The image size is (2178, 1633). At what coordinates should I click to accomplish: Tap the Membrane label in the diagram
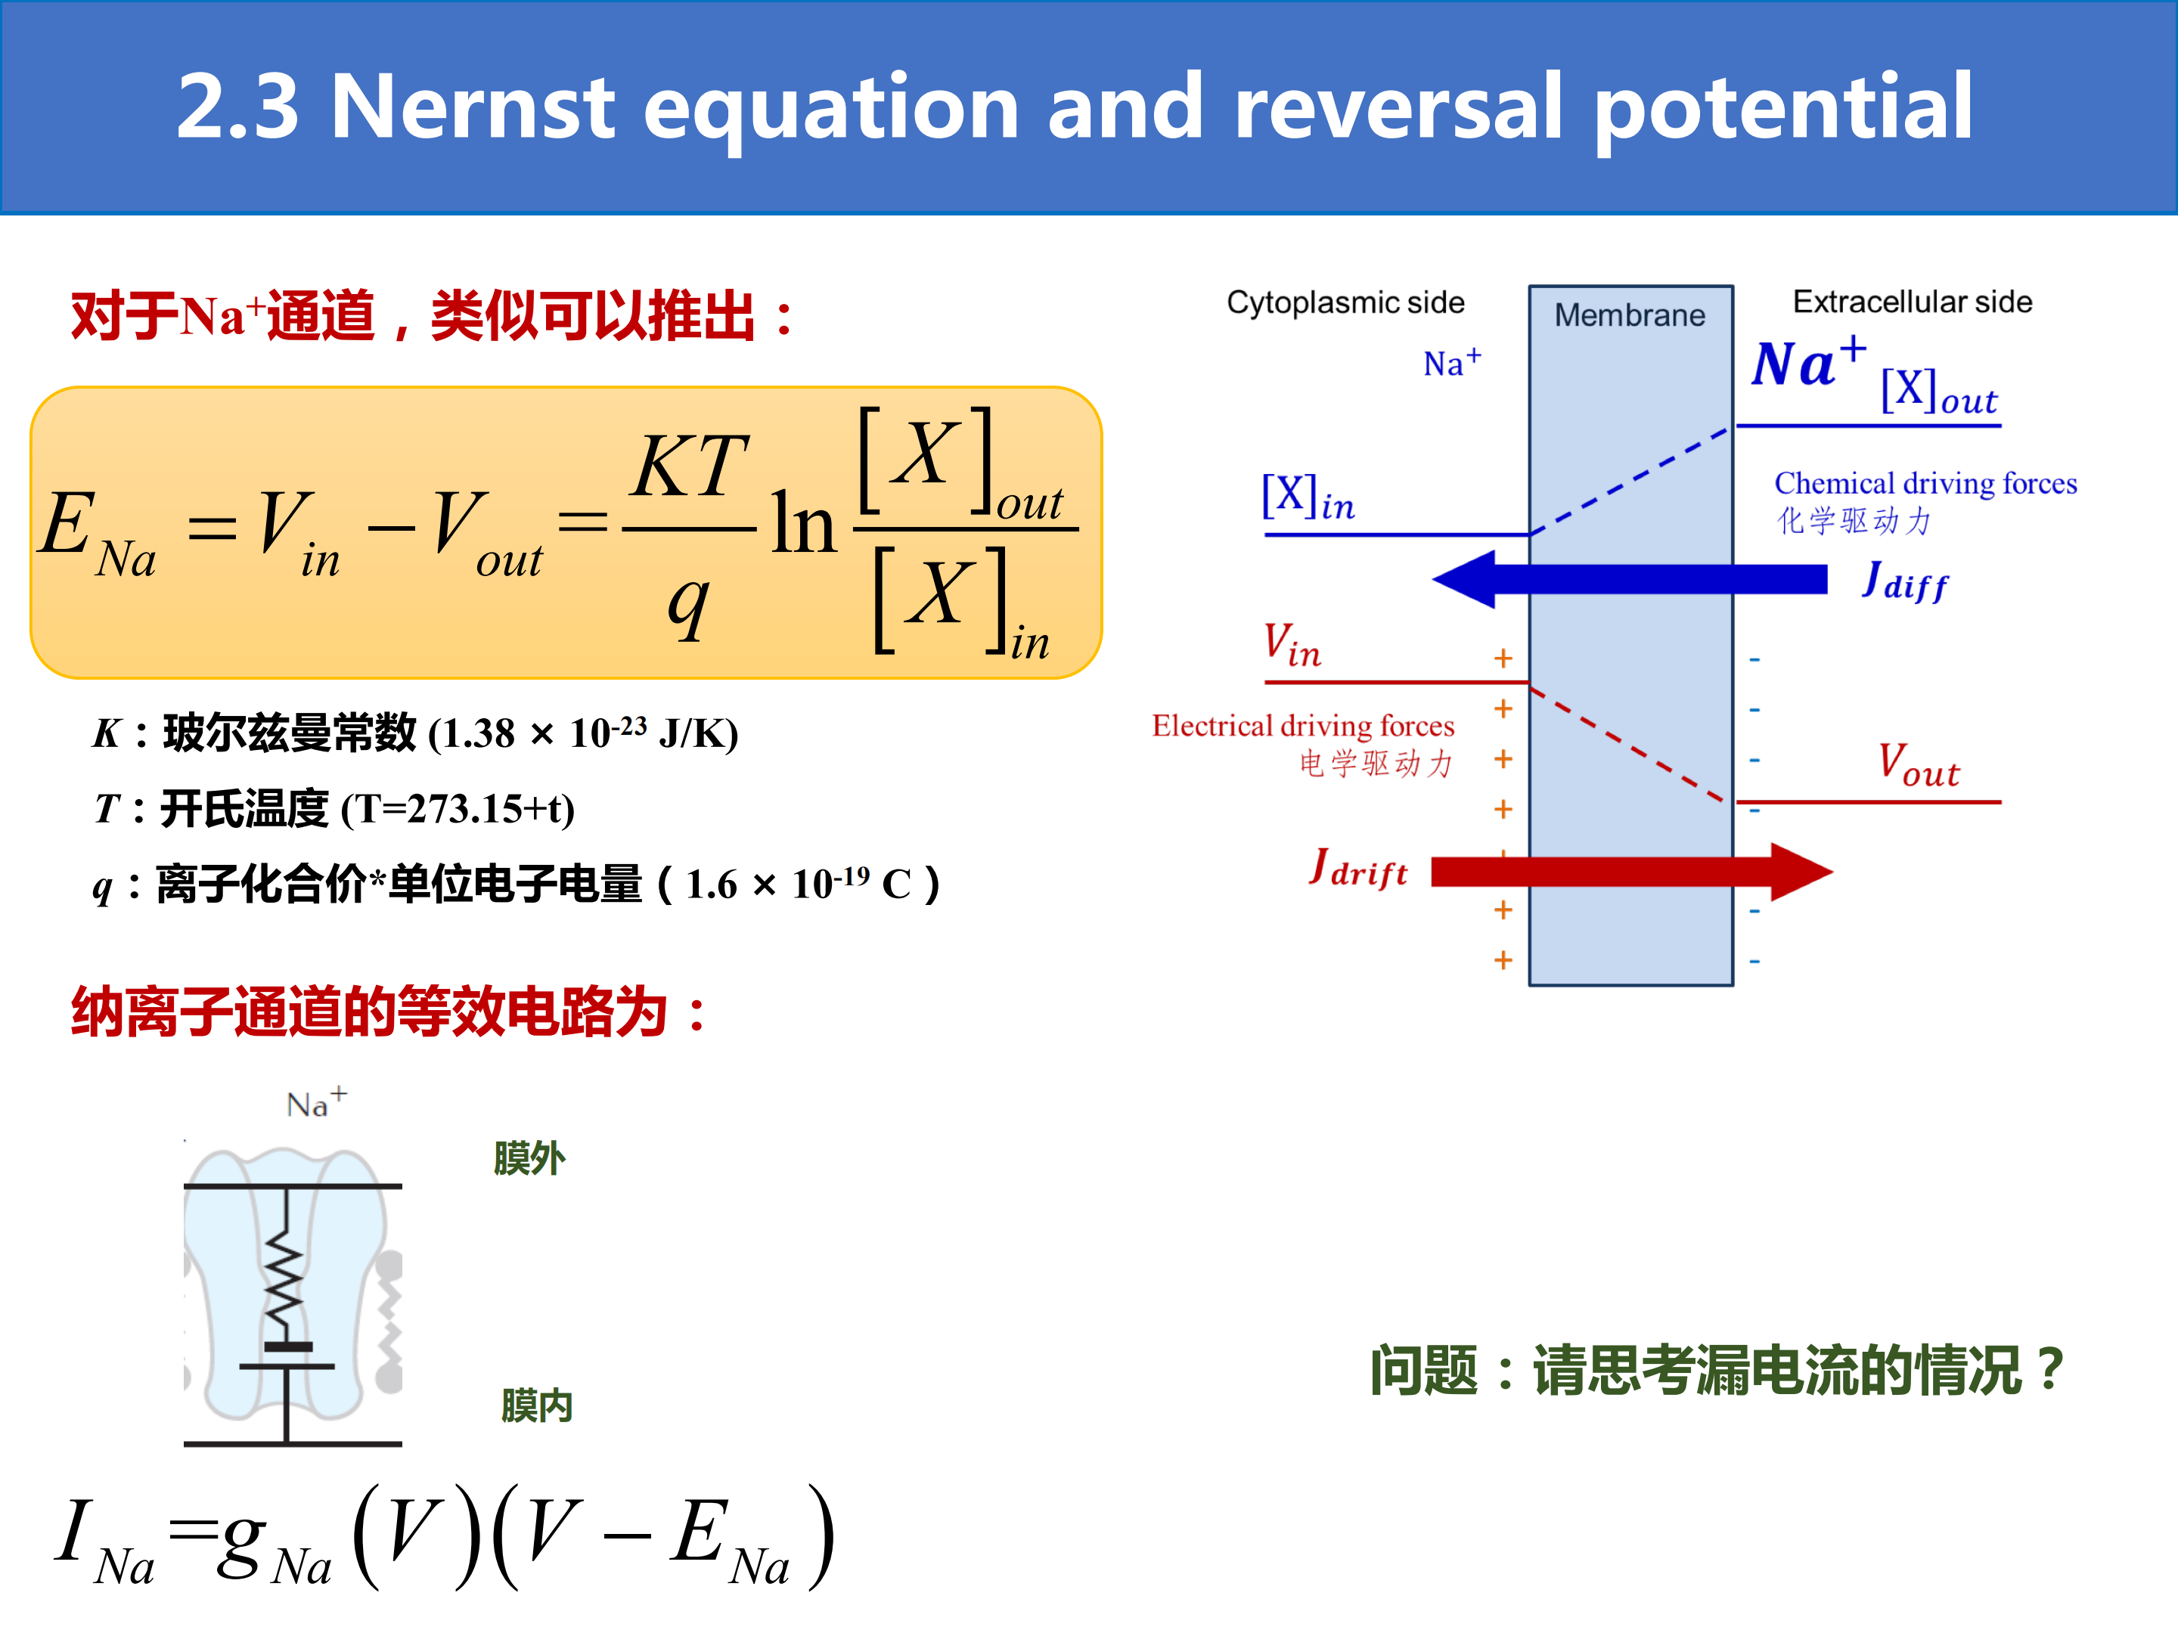1630,315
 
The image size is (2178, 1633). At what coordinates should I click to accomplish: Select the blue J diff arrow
1630,579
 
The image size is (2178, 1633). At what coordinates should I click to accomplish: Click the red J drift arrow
1631,871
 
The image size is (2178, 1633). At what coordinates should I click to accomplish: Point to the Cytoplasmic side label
1345,302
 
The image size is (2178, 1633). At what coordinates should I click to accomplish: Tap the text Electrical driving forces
1303,726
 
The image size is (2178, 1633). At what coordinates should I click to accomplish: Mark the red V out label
1918,765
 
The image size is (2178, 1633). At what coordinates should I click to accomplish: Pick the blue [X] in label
1308,497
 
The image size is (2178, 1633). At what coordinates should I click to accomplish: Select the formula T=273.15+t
458,809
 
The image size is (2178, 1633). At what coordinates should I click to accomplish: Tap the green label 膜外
529,1158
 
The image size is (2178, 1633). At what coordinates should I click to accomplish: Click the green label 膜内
537,1405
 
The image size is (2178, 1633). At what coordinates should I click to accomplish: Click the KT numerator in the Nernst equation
690,466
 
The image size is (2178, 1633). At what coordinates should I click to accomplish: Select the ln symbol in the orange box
803,525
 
